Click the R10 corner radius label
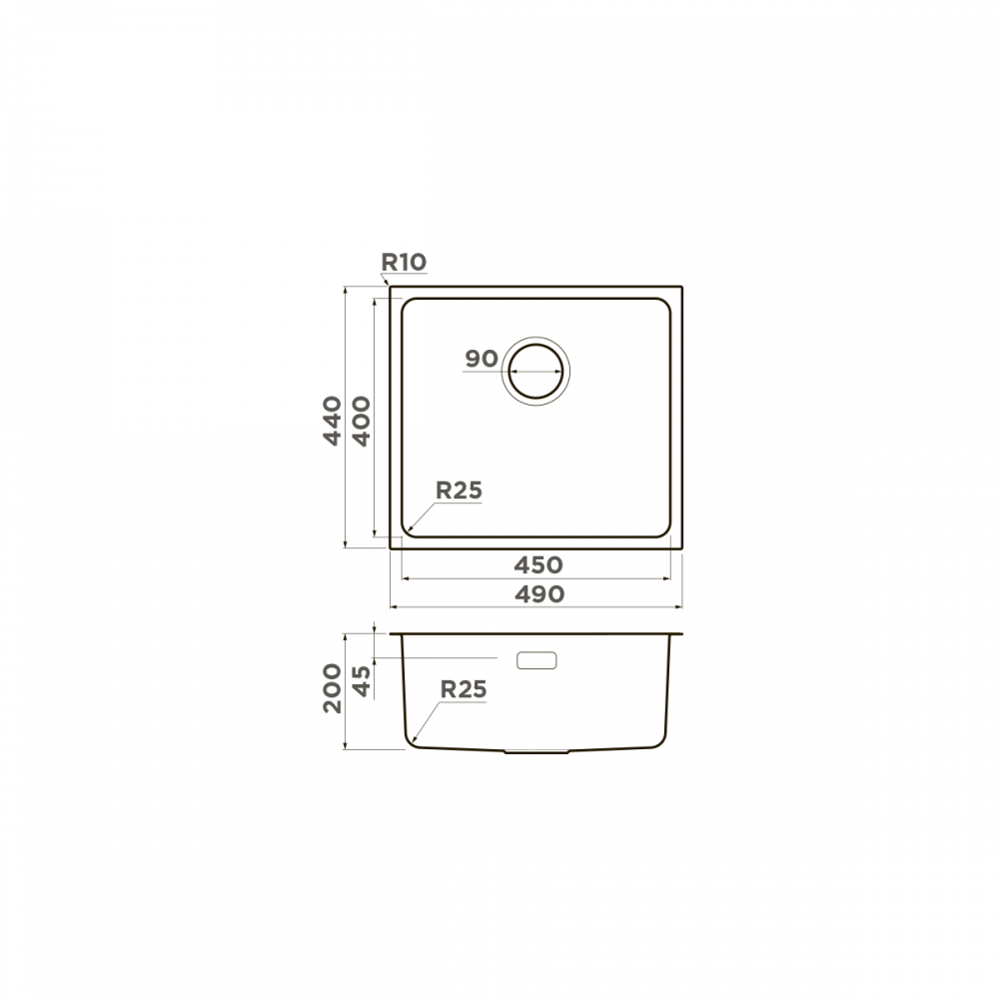click(404, 262)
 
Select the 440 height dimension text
click(332, 421)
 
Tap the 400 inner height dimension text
click(361, 422)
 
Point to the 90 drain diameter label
click(482, 359)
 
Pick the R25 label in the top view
click(459, 491)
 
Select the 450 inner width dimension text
click(538, 565)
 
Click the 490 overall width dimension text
click(539, 594)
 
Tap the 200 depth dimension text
click(332, 688)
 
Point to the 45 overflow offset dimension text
click(361, 681)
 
